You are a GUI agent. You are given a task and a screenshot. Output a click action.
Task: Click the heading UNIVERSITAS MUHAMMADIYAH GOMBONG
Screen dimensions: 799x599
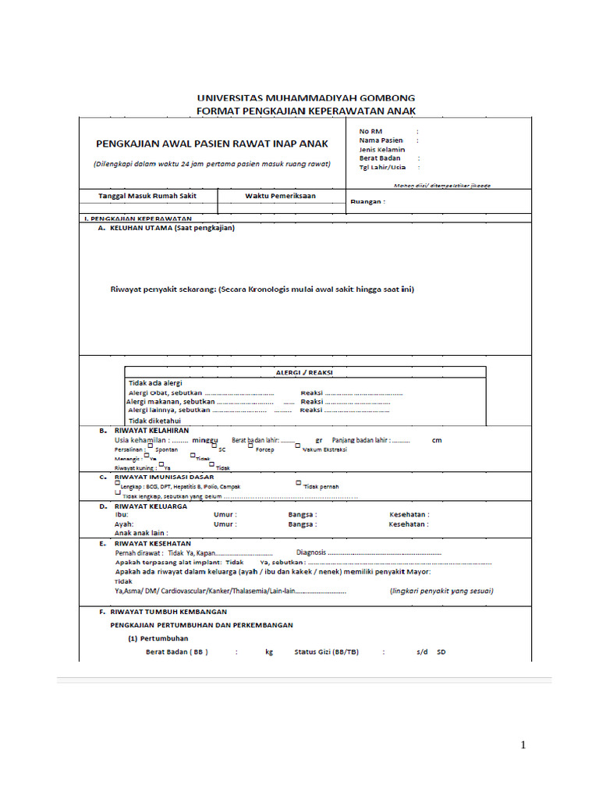click(306, 99)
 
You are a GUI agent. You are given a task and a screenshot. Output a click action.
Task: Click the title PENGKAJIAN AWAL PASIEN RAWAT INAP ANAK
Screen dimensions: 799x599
click(212, 144)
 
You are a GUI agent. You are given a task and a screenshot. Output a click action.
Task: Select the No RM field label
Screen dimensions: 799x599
click(370, 131)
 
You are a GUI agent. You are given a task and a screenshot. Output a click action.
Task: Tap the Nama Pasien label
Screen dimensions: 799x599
click(381, 140)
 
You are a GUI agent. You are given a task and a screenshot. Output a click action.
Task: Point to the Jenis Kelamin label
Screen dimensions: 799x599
click(382, 149)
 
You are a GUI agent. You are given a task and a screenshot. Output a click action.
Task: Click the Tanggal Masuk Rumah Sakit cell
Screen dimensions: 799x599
click(147, 196)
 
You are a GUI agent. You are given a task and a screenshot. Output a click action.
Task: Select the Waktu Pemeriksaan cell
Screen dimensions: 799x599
click(281, 196)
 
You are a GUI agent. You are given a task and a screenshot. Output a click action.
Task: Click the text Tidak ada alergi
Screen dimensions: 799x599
click(154, 383)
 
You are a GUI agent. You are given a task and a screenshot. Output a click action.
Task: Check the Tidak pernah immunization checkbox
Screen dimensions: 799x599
click(298, 483)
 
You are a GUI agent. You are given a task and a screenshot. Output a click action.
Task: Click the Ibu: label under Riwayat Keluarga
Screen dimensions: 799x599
click(121, 515)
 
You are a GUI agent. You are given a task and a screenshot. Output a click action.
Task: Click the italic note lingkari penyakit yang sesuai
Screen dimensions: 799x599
click(441, 591)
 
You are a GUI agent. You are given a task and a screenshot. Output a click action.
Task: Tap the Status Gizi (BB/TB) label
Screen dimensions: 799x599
click(326, 652)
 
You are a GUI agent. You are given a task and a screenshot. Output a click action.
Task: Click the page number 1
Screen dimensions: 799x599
click(523, 745)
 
